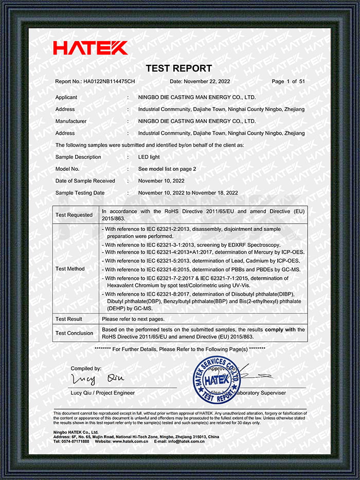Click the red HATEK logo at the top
[x=90, y=48]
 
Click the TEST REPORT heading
[x=178, y=68]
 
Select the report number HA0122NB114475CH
[x=109, y=82]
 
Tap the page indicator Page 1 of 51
[x=288, y=82]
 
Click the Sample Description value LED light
[x=149, y=157]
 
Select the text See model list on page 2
[x=167, y=169]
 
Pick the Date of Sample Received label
[x=85, y=181]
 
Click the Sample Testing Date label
[x=80, y=193]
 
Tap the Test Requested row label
[x=74, y=215]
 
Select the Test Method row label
[x=70, y=269]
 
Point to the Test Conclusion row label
[x=75, y=333]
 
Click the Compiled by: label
[x=86, y=369]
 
